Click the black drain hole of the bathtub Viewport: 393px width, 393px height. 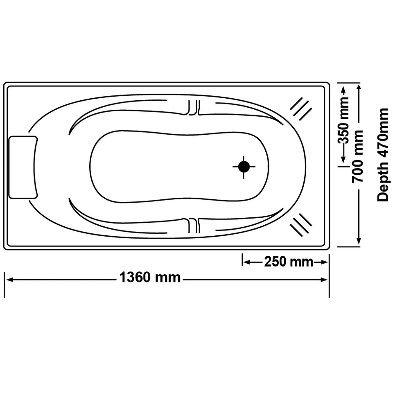pos(244,167)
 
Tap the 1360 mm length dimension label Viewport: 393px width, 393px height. pos(150,278)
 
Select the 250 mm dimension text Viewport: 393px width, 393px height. pos(288,262)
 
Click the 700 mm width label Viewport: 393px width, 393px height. pos(359,156)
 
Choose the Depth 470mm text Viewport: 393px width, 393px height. pos(383,155)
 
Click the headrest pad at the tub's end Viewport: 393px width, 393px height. pos(23,167)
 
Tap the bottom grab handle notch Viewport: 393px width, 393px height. pos(193,225)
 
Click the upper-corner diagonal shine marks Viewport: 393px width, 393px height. pos(301,109)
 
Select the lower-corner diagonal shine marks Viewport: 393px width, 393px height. pos(301,225)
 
